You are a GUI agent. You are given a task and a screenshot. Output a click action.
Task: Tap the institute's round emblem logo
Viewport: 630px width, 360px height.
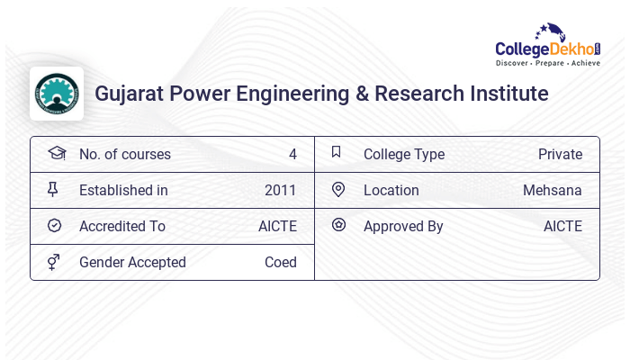pyautogui.click(x=57, y=94)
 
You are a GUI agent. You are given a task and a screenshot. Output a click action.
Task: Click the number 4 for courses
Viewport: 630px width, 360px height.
pyautogui.click(x=292, y=155)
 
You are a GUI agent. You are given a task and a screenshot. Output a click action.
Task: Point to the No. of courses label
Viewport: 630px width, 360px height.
pyautogui.click(x=124, y=155)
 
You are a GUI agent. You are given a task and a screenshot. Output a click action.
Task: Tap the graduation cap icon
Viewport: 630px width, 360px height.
pyautogui.click(x=56, y=154)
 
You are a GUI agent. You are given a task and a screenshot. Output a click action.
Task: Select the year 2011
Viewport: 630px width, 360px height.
pyautogui.click(x=280, y=191)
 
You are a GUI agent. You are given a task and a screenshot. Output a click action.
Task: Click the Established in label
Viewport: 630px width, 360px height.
pyautogui.click(x=123, y=191)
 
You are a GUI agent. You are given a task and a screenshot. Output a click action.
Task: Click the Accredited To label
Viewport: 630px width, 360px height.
pyautogui.click(x=122, y=227)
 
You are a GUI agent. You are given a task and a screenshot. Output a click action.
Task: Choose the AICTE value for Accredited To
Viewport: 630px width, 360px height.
pyautogui.click(x=277, y=227)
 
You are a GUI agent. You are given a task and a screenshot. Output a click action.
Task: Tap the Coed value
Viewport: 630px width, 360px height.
pyautogui.click(x=280, y=263)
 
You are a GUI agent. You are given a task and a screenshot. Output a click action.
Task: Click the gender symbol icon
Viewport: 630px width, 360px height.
pyautogui.click(x=55, y=262)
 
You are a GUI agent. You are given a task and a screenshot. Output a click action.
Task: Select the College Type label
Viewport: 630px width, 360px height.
pyautogui.click(x=403, y=155)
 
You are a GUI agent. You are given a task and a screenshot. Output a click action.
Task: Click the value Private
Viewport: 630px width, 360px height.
pyautogui.click(x=560, y=155)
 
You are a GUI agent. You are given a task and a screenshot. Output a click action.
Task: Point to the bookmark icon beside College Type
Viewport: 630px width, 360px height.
pyautogui.click(x=337, y=153)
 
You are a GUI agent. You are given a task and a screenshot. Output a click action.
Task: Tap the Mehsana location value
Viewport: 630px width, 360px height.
pyautogui.click(x=552, y=191)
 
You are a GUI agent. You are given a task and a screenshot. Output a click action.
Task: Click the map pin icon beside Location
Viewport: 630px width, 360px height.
pyautogui.click(x=337, y=190)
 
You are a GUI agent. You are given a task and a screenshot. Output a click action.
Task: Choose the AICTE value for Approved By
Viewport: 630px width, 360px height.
pyautogui.click(x=562, y=227)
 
